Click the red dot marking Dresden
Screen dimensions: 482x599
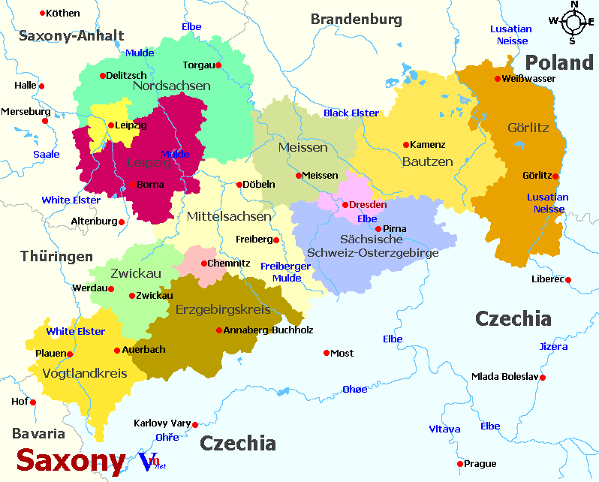coord(345,204)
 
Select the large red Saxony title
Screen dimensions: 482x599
coord(71,460)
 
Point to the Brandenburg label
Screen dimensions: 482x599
coord(356,20)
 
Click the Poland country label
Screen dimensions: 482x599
coord(558,62)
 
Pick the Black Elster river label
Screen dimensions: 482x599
coord(351,113)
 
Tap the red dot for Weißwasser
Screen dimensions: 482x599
coord(497,79)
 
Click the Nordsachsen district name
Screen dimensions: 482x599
coord(171,86)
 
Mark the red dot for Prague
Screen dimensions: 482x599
coord(460,463)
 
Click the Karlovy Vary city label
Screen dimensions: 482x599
coord(161,423)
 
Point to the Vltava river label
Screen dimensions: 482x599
coord(444,429)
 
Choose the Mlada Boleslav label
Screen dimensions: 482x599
coord(504,377)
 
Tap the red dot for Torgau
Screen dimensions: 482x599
coord(218,65)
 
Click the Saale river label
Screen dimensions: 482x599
coord(46,154)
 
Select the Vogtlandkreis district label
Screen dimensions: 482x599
coord(85,373)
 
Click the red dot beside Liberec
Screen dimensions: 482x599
coord(568,280)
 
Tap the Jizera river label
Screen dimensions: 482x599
coord(554,346)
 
